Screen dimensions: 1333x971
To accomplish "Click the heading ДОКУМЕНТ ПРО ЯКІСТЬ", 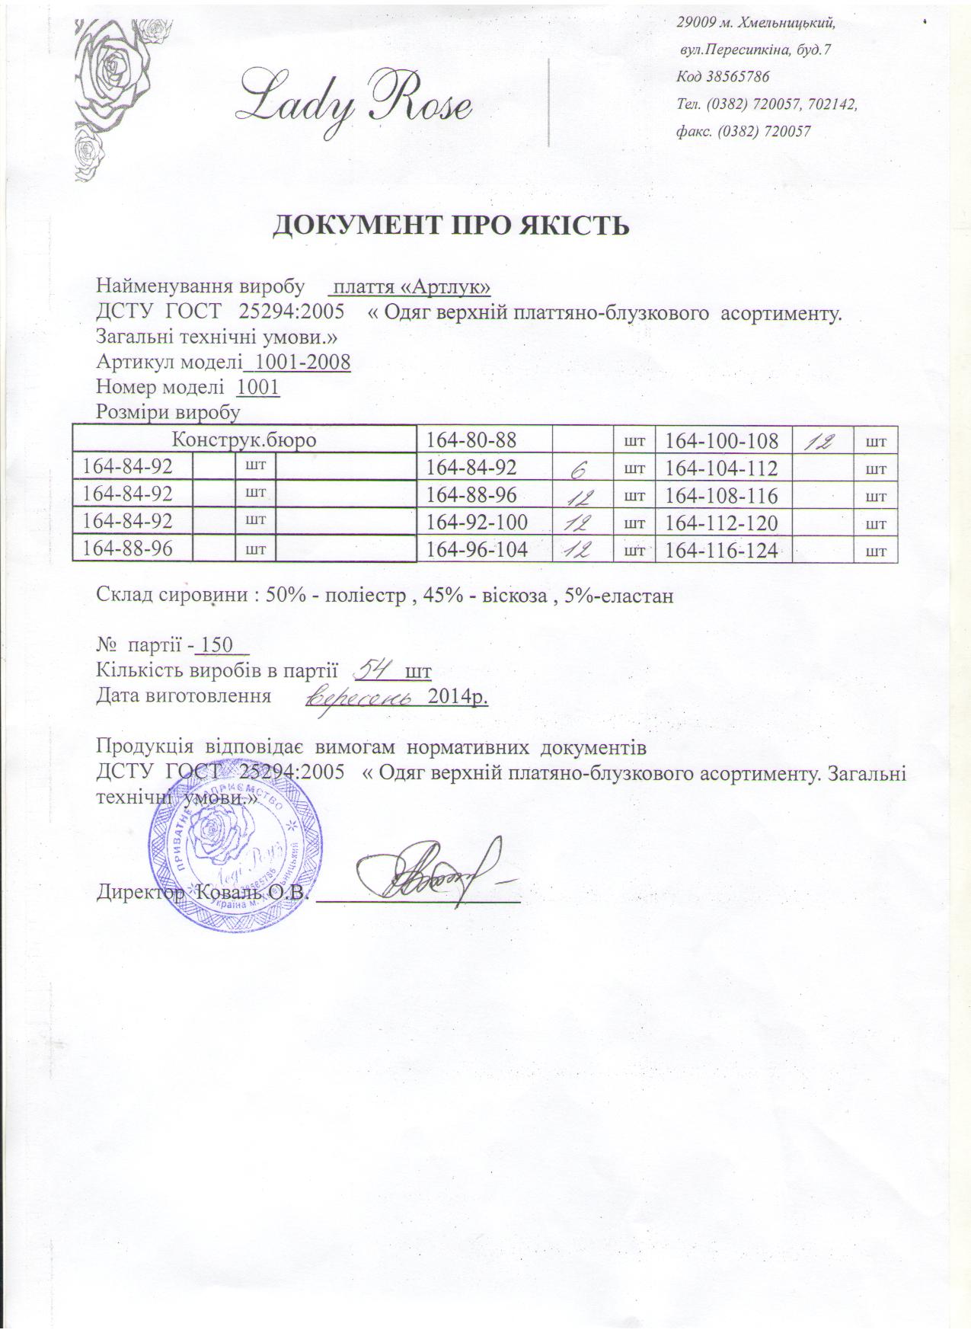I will (451, 225).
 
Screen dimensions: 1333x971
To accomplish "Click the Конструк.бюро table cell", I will (244, 440).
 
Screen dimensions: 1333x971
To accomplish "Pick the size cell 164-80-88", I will (471, 440).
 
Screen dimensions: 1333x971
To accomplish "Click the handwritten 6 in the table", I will (583, 469).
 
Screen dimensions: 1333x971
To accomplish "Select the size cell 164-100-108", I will (722, 440).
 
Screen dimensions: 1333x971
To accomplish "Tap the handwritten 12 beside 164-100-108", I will (825, 440).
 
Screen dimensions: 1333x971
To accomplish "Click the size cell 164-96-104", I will (478, 549).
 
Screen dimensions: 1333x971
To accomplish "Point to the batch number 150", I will (216, 646).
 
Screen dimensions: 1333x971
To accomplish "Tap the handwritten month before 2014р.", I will (364, 695).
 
